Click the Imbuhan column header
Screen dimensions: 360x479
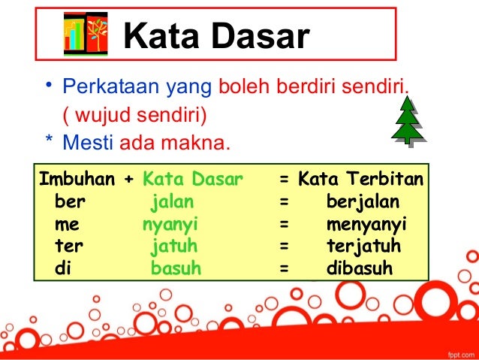click(77, 180)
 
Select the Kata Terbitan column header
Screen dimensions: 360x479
click(360, 180)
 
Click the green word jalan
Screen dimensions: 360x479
click(173, 202)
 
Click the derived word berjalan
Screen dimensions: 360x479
click(363, 202)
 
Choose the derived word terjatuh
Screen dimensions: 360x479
click(363, 246)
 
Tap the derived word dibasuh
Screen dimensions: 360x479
click(360, 268)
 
